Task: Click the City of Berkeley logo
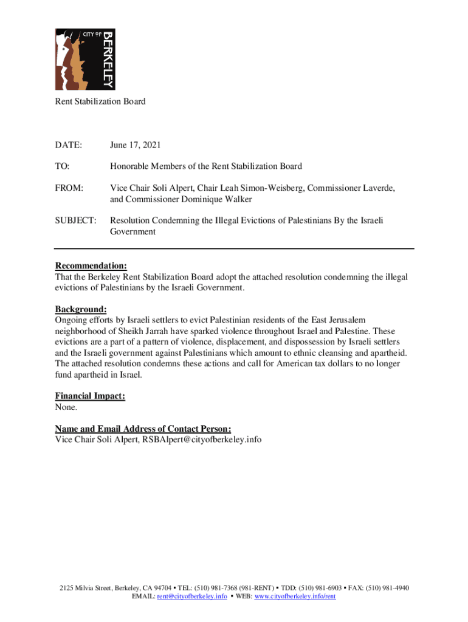pyautogui.click(x=85, y=59)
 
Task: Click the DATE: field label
pyautogui.click(x=68, y=145)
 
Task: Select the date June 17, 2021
pyautogui.click(x=135, y=145)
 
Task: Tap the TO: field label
pyautogui.click(x=63, y=166)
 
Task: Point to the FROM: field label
pyautogui.click(x=69, y=188)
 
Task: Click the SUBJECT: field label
pyautogui.click(x=76, y=220)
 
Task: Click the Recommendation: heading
pyautogui.click(x=91, y=266)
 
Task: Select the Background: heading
pyautogui.click(x=81, y=309)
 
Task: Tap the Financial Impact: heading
pyautogui.click(x=90, y=396)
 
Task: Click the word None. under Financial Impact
pyautogui.click(x=66, y=407)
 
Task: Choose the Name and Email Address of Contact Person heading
pyautogui.click(x=143, y=428)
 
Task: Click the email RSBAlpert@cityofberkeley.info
pyautogui.click(x=202, y=439)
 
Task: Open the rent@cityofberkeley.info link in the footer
pyautogui.click(x=192, y=596)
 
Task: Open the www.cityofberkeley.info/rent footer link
pyautogui.click(x=295, y=596)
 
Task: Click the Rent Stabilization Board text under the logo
pyautogui.click(x=100, y=101)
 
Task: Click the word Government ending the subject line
pyautogui.click(x=132, y=231)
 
